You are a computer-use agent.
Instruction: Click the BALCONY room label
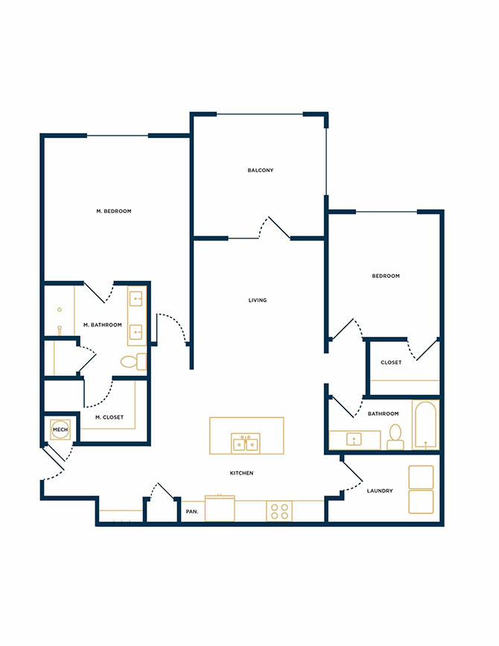[260, 170]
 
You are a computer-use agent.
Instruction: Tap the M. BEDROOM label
[114, 212]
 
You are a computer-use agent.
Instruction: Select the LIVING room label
[258, 300]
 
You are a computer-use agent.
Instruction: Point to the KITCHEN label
[241, 473]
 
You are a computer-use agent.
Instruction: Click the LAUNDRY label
[380, 491]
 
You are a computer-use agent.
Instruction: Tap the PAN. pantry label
[192, 512]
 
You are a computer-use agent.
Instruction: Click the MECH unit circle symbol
[60, 430]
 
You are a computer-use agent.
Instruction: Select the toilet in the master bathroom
[133, 361]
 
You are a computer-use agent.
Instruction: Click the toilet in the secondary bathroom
[395, 437]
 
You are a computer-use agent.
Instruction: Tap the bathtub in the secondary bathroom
[425, 425]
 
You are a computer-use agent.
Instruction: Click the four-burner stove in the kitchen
[279, 511]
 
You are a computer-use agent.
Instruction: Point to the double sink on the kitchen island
[245, 443]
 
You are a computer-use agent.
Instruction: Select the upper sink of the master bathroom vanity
[136, 299]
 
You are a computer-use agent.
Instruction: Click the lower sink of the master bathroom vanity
[136, 332]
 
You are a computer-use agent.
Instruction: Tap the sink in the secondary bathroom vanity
[354, 439]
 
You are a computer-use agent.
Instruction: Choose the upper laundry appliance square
[421, 477]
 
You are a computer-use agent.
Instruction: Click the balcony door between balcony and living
[279, 227]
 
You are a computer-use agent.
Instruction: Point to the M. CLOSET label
[109, 417]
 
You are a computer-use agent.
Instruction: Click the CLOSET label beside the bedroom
[391, 363]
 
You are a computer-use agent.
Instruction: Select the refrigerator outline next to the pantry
[220, 508]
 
